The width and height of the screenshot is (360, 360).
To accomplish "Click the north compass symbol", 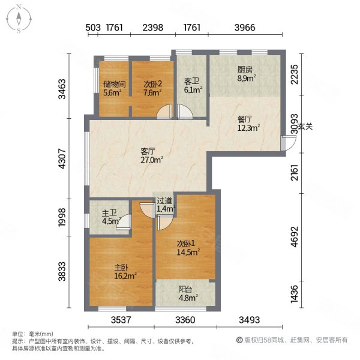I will click(20, 18).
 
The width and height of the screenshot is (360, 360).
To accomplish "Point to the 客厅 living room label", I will click(149, 152).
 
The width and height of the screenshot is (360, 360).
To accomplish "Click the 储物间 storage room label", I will click(113, 85).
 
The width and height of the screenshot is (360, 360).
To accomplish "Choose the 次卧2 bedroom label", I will click(152, 85).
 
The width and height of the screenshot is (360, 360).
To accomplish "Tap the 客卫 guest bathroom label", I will click(192, 81).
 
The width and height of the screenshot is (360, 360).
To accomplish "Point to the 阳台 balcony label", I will click(186, 288).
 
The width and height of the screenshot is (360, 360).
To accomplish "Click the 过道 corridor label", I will click(164, 201).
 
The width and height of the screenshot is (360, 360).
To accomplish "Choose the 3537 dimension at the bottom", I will click(119, 319).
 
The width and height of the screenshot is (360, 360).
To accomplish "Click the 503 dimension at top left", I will click(92, 28).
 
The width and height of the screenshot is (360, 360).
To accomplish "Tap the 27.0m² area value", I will click(152, 160).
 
